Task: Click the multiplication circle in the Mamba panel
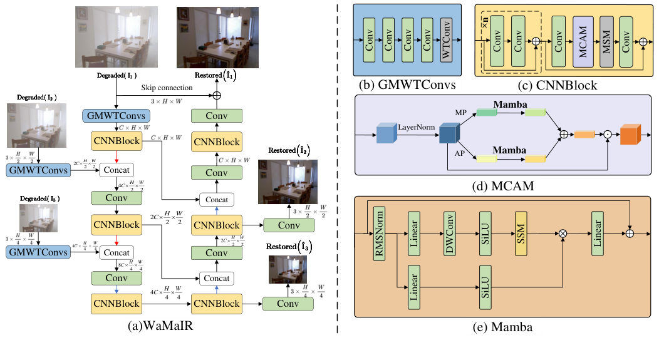tap(563, 234)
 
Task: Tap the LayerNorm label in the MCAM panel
tap(417, 127)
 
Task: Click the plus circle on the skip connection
tap(217, 95)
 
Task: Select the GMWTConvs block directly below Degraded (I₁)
tap(115, 116)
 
